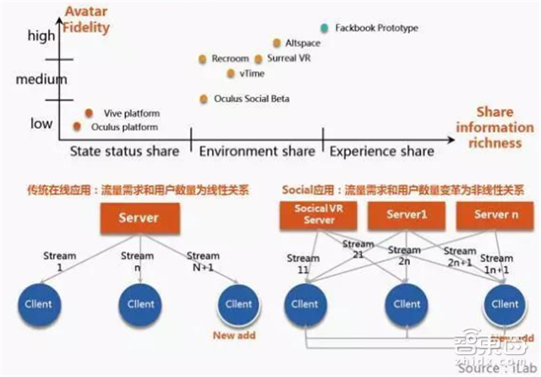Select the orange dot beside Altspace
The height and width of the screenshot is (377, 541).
coord(277,42)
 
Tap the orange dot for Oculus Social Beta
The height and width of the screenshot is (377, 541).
coord(203,99)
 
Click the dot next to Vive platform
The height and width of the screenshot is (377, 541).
coord(90,112)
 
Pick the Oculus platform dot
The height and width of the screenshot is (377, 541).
coord(78,127)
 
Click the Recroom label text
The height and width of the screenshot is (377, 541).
coord(229,59)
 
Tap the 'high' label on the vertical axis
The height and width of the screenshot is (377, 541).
coord(41,36)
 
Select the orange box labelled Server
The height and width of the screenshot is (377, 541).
coord(139,218)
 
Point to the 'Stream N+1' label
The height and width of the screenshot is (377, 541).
coord(203,261)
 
